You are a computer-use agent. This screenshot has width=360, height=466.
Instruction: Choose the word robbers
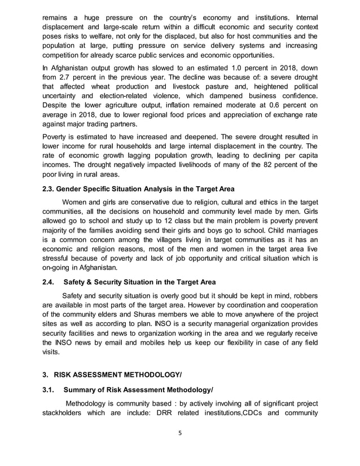point(302,296)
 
